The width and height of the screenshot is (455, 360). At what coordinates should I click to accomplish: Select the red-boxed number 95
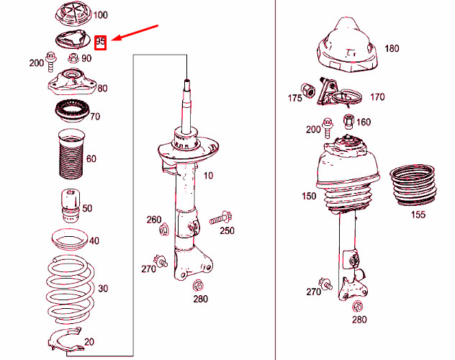(100, 42)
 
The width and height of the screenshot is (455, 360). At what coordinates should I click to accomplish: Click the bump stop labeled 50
(71, 206)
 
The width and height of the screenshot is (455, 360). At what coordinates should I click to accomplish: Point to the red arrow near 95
(135, 33)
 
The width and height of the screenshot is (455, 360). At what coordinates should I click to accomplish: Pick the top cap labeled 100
(73, 15)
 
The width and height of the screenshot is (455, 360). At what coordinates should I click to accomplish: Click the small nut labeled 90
(73, 58)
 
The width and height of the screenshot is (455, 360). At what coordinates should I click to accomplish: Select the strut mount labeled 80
(72, 83)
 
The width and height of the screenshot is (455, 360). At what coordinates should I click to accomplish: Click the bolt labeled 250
(220, 218)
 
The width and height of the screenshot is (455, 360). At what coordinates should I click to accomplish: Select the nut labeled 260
(164, 230)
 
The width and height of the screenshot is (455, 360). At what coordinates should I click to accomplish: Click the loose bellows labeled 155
(413, 185)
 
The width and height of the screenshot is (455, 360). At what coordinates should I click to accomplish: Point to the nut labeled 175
(307, 90)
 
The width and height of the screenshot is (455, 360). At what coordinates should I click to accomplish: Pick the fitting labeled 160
(348, 121)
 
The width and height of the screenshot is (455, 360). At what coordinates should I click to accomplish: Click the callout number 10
(208, 176)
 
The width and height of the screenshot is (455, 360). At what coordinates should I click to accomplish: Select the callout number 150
(309, 196)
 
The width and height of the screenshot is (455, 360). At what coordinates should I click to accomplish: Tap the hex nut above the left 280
(198, 286)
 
